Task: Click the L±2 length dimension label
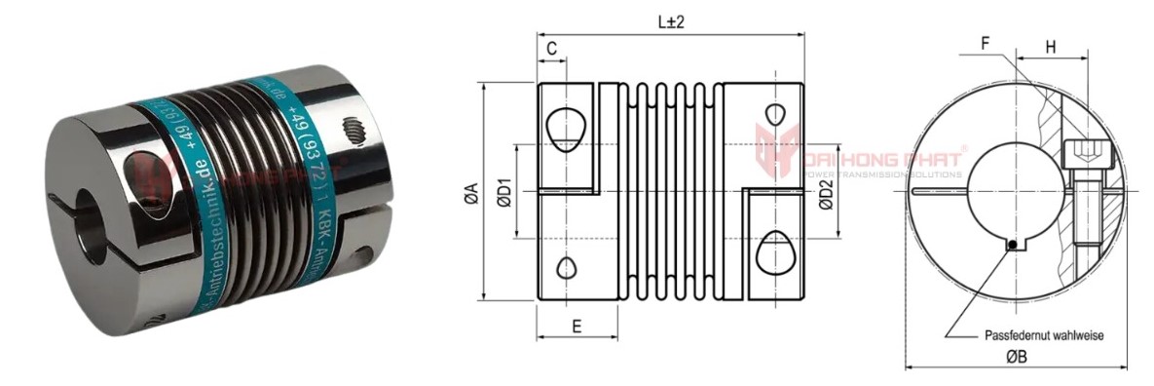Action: (670, 22)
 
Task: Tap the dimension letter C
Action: (551, 47)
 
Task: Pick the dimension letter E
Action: (577, 327)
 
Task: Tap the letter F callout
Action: (986, 44)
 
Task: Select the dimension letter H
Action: (1051, 46)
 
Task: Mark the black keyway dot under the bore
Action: (1014, 245)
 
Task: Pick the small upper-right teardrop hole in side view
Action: (776, 111)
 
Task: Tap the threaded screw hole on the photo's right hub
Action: (354, 130)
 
